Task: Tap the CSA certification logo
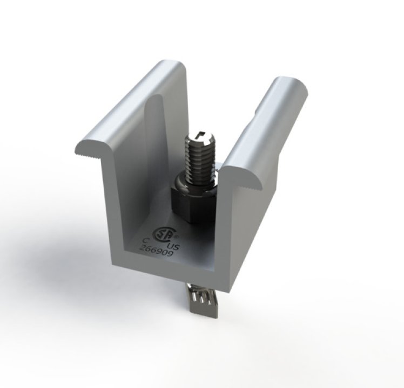(162, 233)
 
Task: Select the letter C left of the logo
(145, 241)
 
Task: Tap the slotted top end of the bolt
(200, 135)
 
